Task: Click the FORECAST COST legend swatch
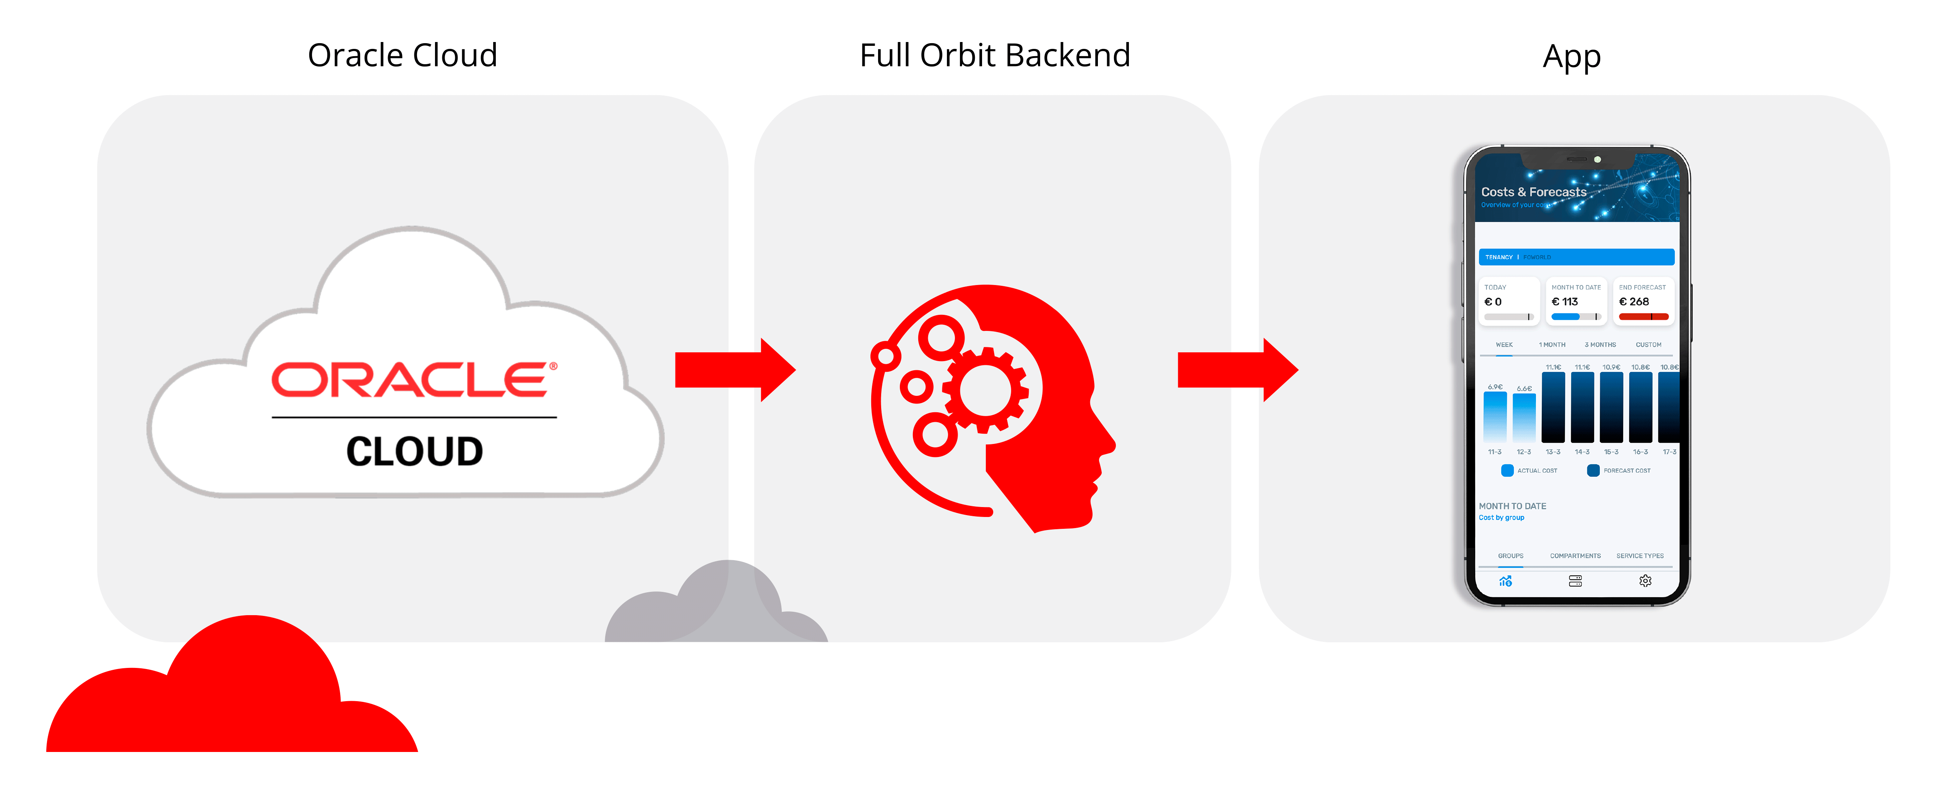[1593, 471]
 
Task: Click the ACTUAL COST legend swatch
[1507, 471]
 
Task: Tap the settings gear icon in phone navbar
[1645, 580]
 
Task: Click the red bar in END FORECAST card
[1643, 316]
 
